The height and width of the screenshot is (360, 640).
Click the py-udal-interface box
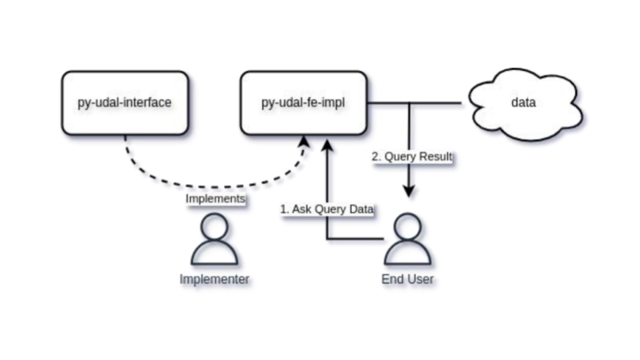(x=125, y=103)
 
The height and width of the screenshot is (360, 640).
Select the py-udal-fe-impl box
(x=303, y=103)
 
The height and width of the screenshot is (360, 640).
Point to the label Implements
(x=215, y=199)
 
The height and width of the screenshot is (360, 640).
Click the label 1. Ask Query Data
(x=327, y=209)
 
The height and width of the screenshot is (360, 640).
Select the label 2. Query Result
(x=412, y=157)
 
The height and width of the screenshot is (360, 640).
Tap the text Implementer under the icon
(x=214, y=279)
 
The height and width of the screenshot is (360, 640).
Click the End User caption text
(x=407, y=279)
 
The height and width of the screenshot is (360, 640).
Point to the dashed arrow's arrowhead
(x=305, y=141)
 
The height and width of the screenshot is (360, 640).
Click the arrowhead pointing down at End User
(x=409, y=191)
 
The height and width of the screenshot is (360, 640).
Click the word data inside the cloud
(x=523, y=103)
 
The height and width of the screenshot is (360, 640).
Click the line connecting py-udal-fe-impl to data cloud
(x=433, y=103)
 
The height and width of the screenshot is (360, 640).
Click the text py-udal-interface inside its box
(x=125, y=103)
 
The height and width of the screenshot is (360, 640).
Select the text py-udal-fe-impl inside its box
(x=303, y=103)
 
